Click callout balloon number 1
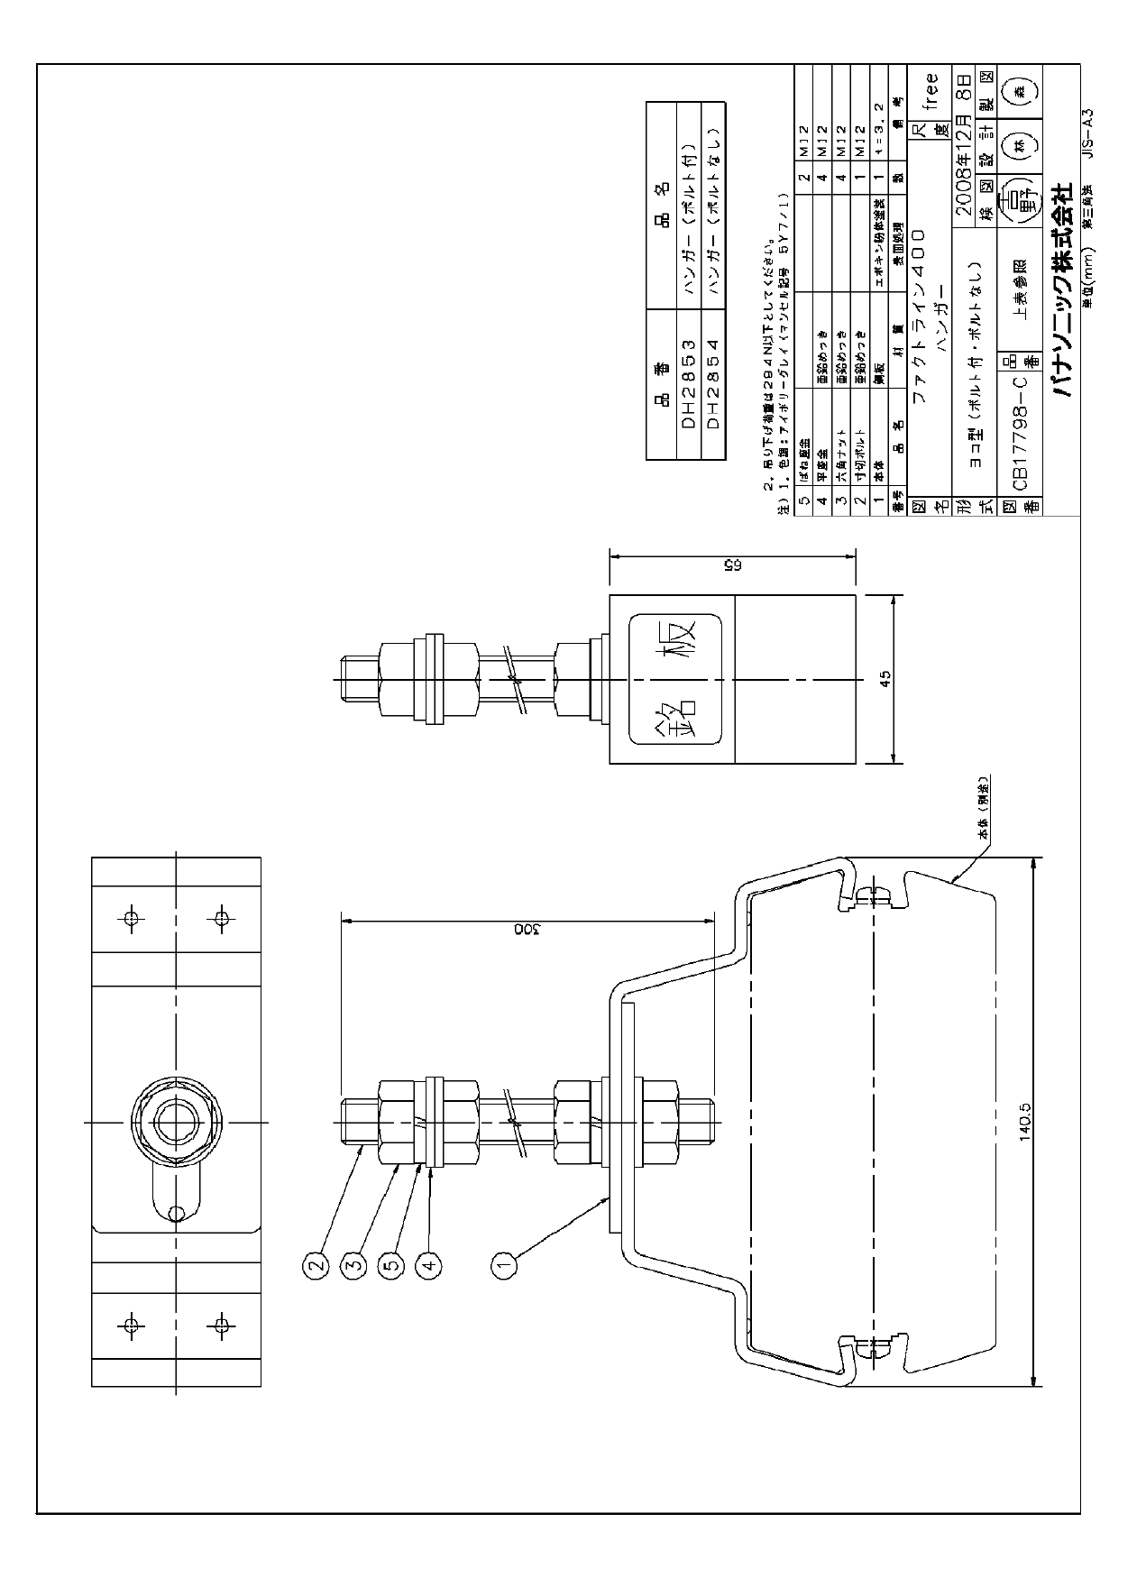504,1264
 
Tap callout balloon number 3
353,1264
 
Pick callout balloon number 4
429,1264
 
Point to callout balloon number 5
390,1264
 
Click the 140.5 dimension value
1025,1122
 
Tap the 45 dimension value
885,679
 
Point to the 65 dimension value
732,565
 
